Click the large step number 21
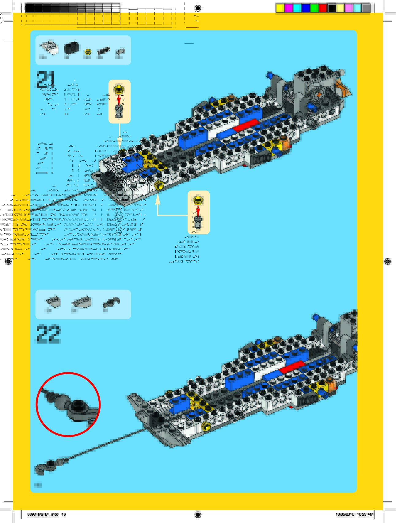[46, 80]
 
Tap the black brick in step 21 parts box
[71, 48]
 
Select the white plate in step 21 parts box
[49, 48]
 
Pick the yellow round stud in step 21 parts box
[88, 52]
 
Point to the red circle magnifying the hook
[68, 404]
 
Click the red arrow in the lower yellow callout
[198, 210]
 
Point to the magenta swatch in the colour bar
[288, 8]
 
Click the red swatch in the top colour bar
[323, 8]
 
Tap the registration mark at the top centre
[198, 8]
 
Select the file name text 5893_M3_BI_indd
[43, 514]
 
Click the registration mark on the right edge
[387, 261]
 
